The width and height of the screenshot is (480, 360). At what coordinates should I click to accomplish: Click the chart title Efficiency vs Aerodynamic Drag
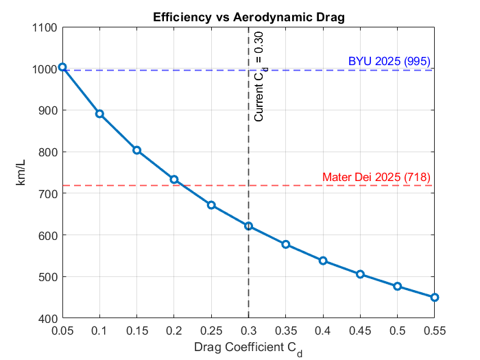(248, 16)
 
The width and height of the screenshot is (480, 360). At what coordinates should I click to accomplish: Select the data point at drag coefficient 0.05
(62, 67)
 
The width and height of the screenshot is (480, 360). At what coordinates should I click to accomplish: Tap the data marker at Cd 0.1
(99, 114)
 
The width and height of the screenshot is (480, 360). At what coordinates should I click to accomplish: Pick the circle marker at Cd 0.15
(136, 150)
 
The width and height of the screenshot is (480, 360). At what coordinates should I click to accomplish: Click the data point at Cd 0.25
(211, 205)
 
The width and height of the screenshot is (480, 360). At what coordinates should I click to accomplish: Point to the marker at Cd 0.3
(248, 226)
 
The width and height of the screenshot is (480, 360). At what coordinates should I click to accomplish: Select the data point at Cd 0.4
(323, 261)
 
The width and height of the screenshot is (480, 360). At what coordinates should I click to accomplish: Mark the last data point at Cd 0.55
(434, 298)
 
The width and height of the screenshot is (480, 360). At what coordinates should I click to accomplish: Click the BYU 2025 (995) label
(389, 61)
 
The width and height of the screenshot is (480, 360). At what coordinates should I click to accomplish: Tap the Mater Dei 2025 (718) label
(376, 177)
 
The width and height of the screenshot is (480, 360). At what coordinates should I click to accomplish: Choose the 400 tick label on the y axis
(48, 319)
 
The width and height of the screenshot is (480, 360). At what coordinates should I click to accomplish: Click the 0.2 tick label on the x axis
(174, 331)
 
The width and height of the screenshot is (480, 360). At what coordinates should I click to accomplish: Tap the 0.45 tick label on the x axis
(360, 331)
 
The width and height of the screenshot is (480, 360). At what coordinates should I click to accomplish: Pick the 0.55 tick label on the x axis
(434, 331)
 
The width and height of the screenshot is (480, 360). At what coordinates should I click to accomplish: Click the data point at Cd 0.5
(397, 286)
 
